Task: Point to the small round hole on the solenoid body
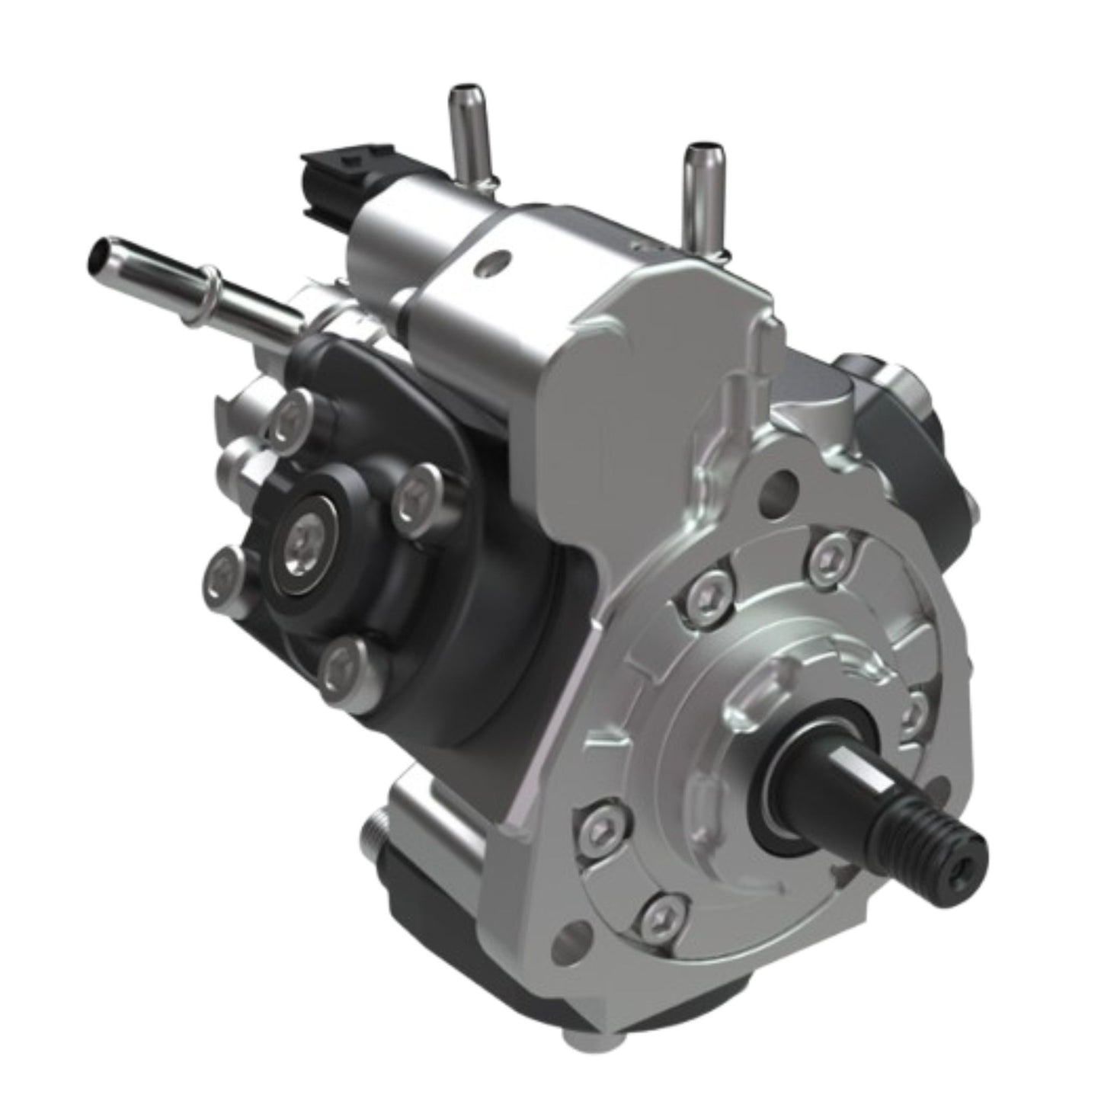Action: [x=488, y=264]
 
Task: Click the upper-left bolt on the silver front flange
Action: [x=707, y=591]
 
